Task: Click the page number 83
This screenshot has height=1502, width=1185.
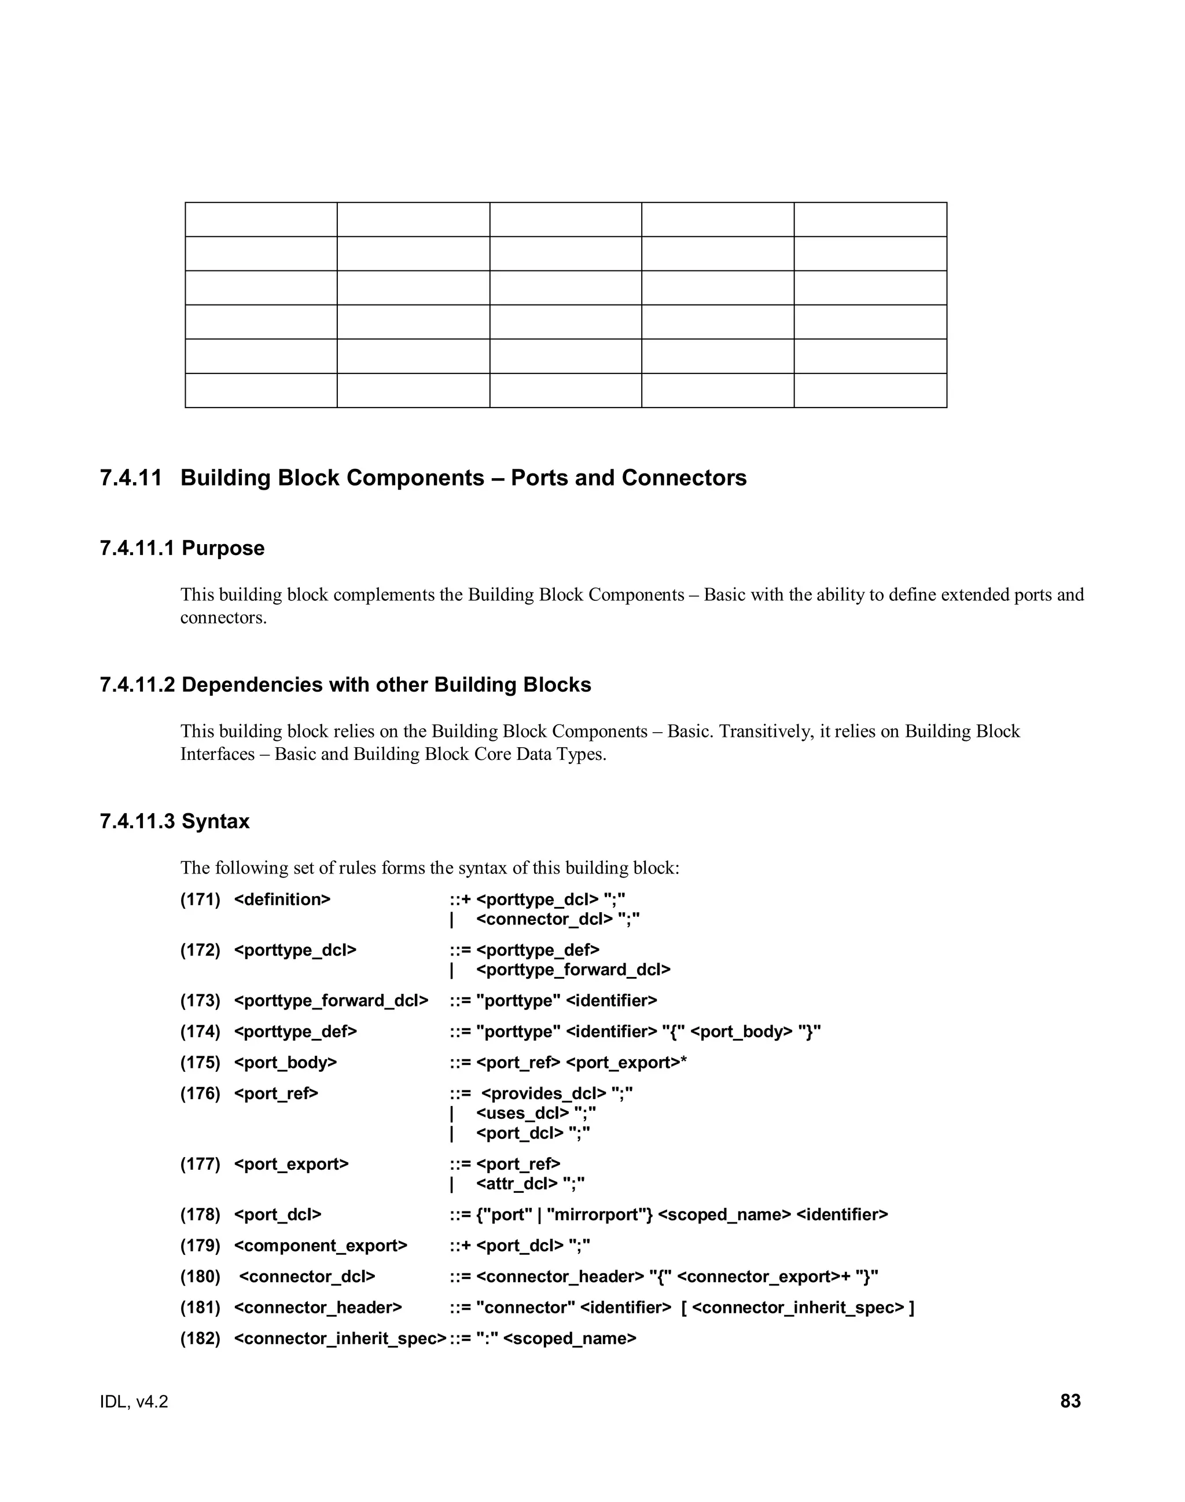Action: tap(1070, 1401)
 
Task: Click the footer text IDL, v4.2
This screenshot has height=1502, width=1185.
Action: tap(134, 1401)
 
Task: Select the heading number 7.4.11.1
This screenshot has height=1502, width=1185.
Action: tap(136, 548)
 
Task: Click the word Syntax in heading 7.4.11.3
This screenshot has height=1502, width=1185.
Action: tap(215, 821)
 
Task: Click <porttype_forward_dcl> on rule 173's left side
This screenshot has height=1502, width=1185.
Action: tap(331, 1000)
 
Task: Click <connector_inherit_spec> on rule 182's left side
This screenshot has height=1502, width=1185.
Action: tap(340, 1338)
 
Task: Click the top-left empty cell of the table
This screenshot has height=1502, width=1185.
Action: tap(261, 219)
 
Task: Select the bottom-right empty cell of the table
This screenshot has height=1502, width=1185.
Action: tap(870, 390)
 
